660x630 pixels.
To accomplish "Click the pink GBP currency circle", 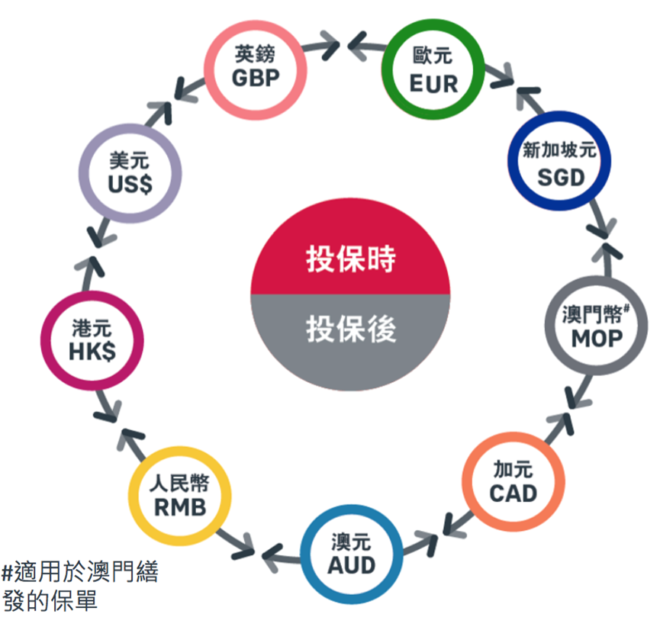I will click(x=256, y=67).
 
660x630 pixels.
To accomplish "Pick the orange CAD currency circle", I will click(x=514, y=481).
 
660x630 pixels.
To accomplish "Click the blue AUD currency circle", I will click(x=352, y=554).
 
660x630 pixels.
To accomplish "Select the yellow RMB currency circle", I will click(x=180, y=497).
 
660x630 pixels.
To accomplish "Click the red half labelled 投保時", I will click(x=351, y=259).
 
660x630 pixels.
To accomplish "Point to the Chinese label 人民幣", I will click(x=180, y=484).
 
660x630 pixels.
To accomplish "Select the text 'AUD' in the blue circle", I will click(x=352, y=565).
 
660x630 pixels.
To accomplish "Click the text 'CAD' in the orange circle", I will click(x=514, y=493).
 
